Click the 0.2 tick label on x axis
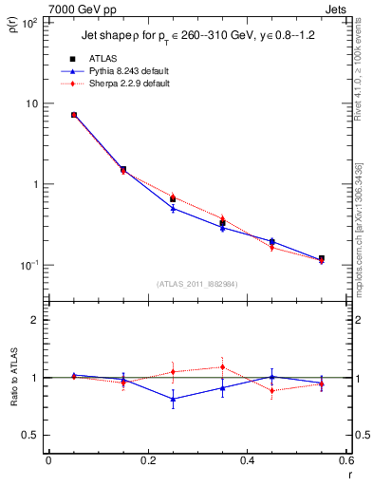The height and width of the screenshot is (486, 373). (147, 462)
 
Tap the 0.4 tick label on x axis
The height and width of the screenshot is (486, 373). (248, 462)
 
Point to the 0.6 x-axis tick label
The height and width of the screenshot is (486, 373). (345, 462)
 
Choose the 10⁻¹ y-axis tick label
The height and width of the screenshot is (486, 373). (28, 265)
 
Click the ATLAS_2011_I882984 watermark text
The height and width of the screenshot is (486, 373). (196, 285)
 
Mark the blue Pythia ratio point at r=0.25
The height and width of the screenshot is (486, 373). (173, 399)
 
